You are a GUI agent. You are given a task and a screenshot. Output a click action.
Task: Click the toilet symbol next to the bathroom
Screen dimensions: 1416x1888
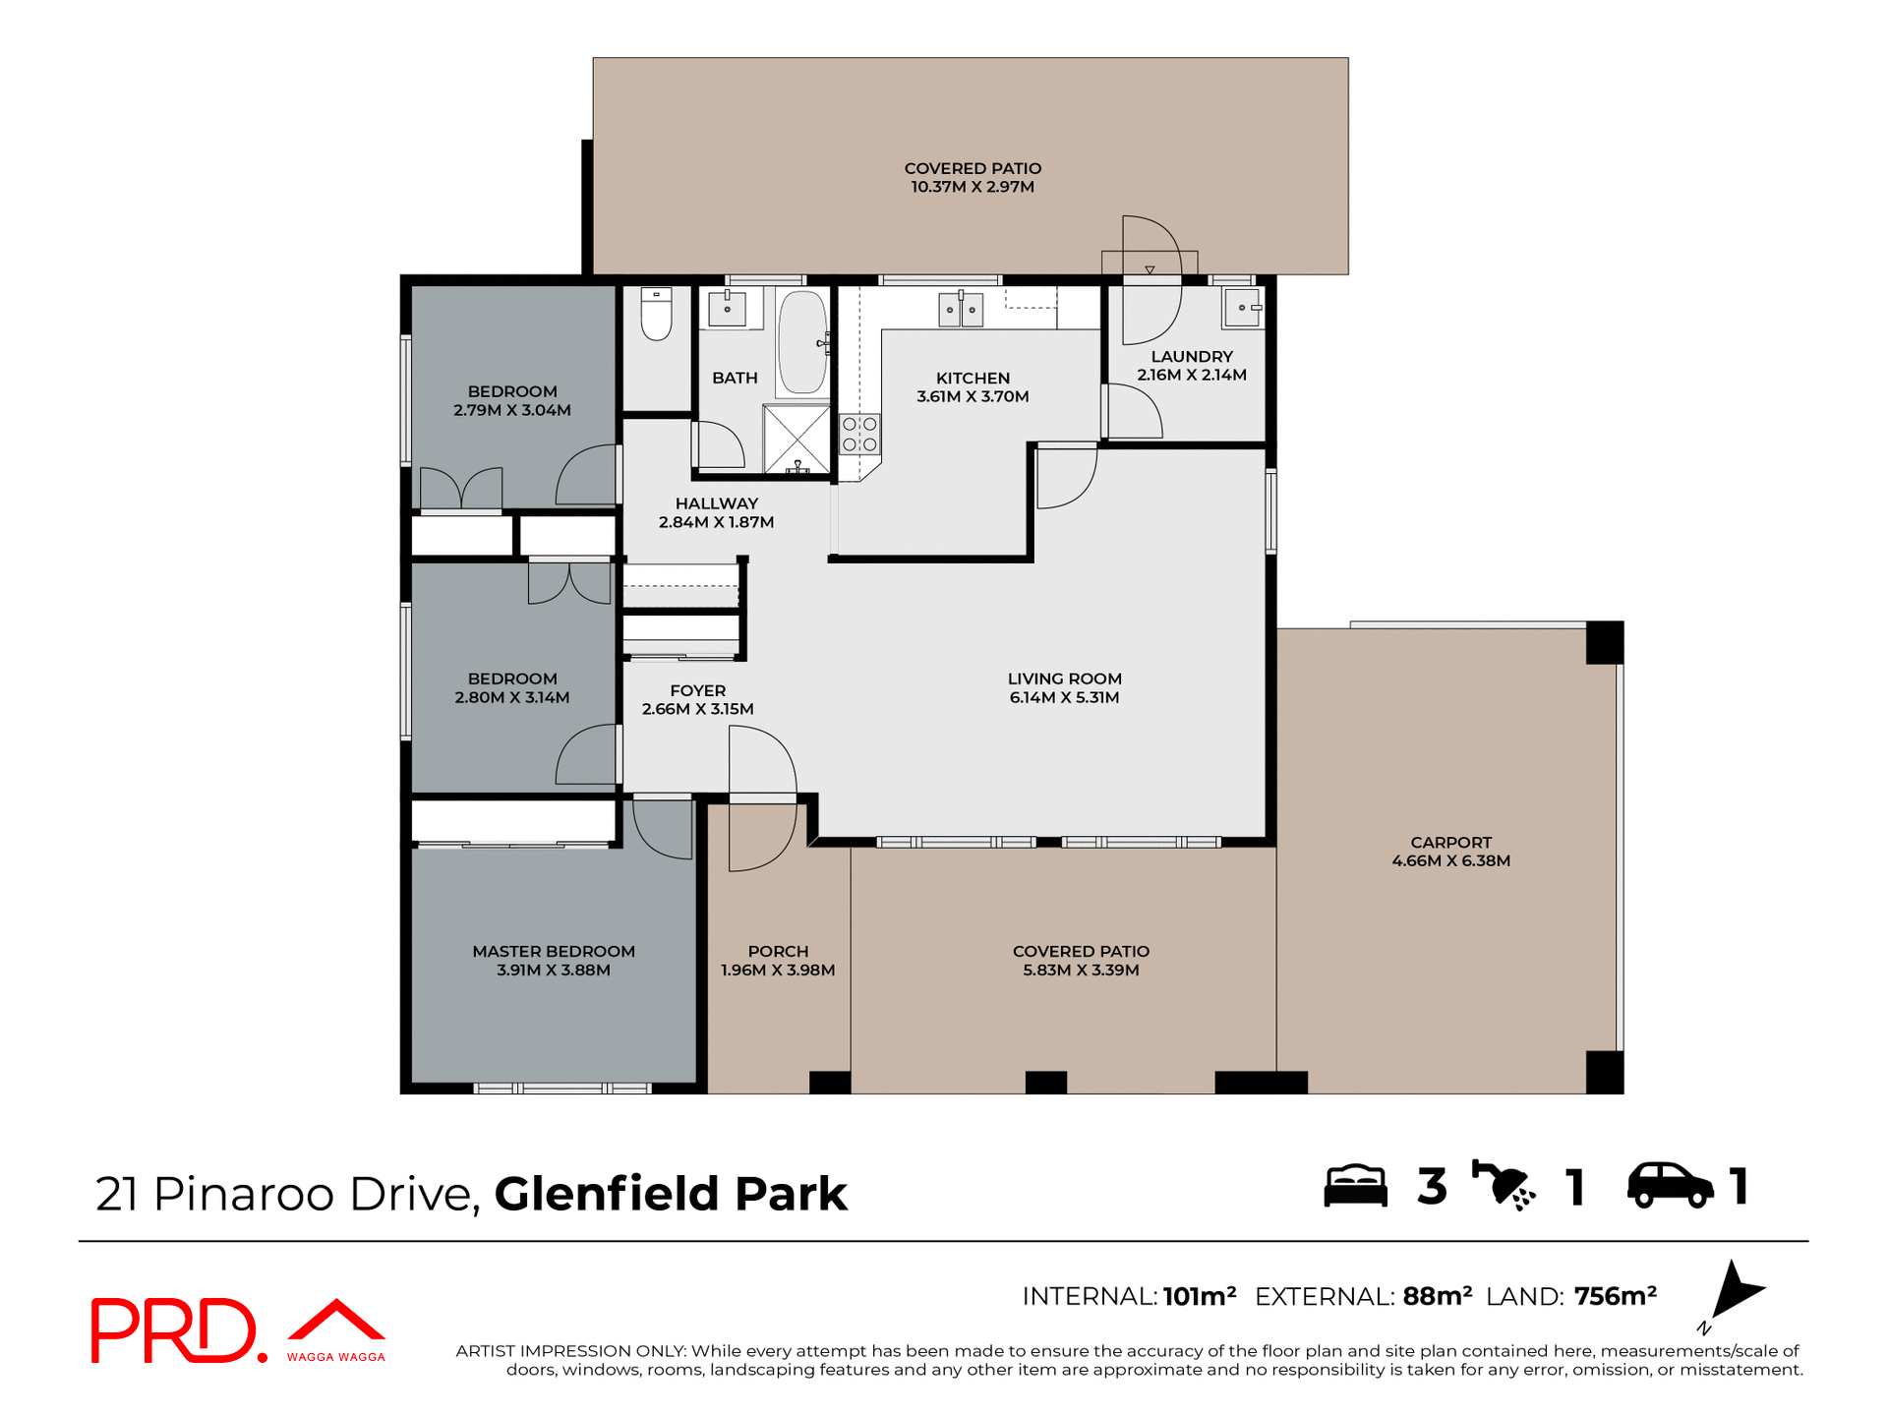656,315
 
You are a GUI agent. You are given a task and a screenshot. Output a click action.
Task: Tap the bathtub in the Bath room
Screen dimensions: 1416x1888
802,341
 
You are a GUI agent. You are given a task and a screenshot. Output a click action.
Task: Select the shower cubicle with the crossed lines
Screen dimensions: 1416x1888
796,438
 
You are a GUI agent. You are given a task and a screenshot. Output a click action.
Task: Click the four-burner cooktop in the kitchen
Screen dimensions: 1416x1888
859,435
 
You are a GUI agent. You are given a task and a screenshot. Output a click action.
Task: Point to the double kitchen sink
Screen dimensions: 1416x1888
960,310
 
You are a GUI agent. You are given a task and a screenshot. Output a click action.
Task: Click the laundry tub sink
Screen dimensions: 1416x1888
1242,308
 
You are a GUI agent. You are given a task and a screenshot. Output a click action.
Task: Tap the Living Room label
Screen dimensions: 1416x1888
1064,678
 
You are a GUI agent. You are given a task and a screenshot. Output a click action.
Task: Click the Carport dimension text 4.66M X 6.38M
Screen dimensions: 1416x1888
1450,860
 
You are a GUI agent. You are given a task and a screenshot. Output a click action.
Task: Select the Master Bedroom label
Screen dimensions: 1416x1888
554,951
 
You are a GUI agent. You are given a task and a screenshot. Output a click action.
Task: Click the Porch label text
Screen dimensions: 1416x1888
778,951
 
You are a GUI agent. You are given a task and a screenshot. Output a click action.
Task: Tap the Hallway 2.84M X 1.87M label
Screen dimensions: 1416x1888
716,512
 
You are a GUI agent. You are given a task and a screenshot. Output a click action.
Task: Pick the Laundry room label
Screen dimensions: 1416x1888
1192,356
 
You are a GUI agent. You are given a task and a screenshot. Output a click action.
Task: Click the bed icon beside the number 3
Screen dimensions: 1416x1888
1355,1186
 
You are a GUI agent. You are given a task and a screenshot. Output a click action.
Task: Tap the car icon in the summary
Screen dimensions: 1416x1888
1670,1185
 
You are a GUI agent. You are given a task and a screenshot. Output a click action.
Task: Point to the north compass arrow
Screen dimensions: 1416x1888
1736,1289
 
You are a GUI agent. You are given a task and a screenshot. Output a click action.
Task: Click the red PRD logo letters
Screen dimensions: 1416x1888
175,1330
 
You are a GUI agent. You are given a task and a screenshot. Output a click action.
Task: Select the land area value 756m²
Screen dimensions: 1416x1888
1615,1296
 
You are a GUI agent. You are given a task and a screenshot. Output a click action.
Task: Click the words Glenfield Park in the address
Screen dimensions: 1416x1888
671,1194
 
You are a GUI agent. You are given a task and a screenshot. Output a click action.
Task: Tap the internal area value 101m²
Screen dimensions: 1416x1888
1199,1296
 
